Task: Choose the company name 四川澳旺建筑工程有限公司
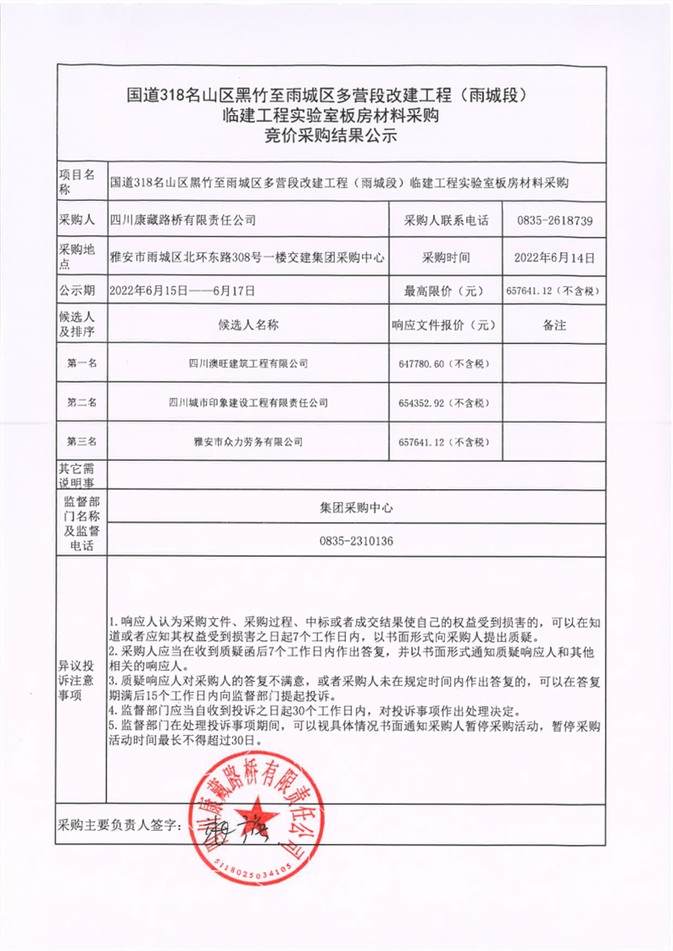[x=248, y=363]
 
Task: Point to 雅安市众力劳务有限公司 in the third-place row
[x=248, y=441]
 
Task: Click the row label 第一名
[x=82, y=363]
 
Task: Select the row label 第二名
[x=82, y=403]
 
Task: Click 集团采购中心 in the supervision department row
[x=357, y=508]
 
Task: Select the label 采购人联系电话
[x=446, y=221]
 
